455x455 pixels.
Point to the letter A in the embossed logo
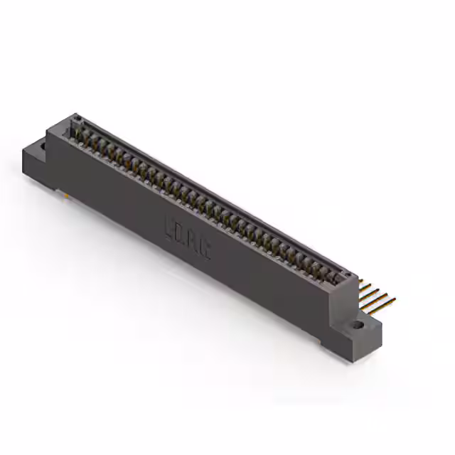point(193,241)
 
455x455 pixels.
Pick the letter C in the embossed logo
point(204,248)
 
